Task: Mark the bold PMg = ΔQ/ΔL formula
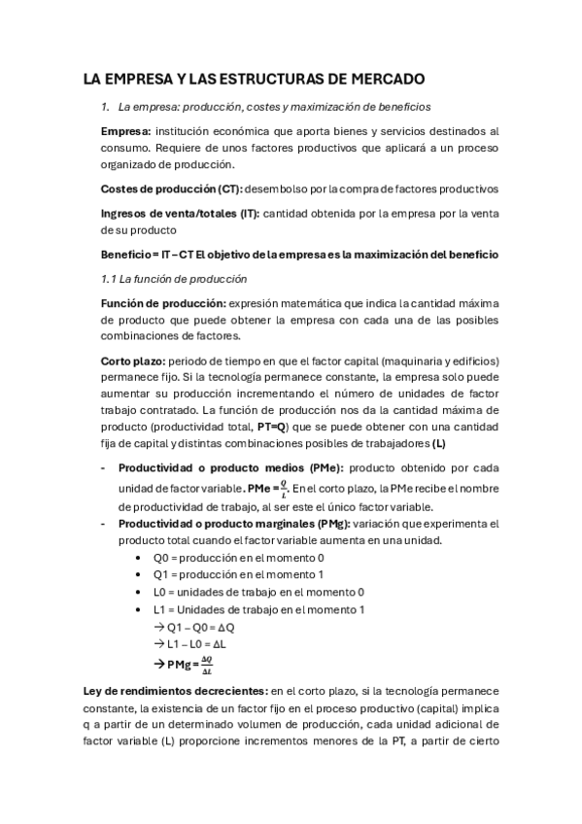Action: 189,665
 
